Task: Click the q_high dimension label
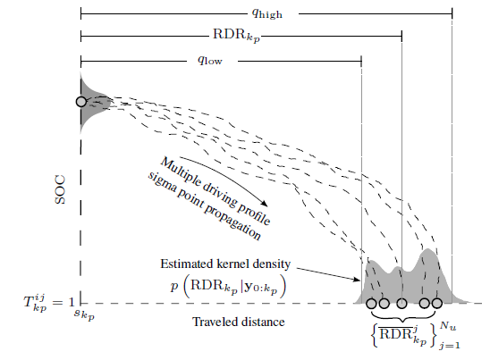point(267,13)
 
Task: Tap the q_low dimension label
point(210,59)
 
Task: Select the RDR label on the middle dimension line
point(236,35)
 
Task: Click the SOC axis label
point(60,189)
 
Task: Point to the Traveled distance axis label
point(239,322)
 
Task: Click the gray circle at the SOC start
point(81,102)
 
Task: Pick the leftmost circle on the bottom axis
point(371,303)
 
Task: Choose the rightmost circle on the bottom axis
point(437,303)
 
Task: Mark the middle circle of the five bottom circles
point(401,303)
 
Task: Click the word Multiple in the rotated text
point(181,172)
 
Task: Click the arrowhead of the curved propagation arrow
point(265,204)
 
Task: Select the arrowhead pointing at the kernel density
point(357,279)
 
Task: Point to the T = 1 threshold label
point(49,302)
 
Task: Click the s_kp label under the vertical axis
point(84,314)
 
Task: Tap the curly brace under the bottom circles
point(404,317)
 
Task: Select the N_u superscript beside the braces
point(448,326)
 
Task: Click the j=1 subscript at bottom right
point(450,346)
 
